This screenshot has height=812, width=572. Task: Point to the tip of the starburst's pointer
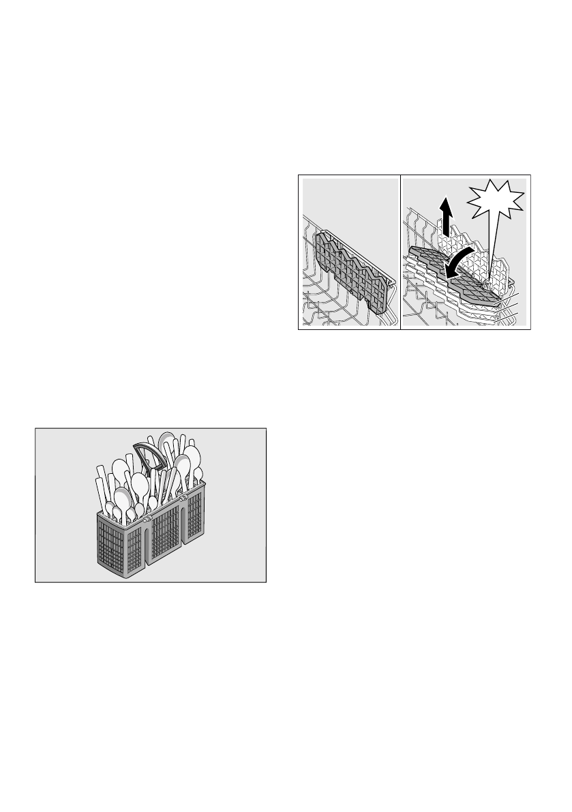pos(490,280)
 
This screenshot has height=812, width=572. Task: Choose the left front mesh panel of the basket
pos(134,550)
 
